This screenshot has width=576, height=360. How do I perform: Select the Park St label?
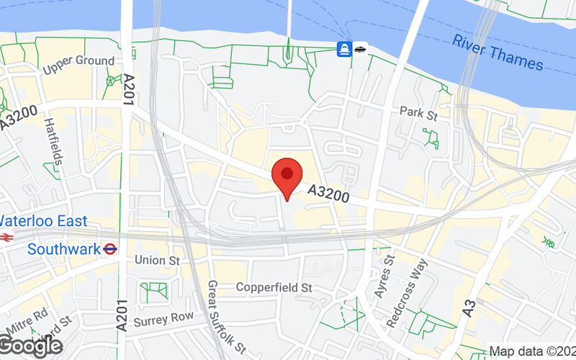point(418,112)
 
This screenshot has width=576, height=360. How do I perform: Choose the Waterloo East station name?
point(43,221)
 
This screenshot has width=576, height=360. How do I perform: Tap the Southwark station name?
point(63,249)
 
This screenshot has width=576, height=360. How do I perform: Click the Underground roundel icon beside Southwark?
point(110,249)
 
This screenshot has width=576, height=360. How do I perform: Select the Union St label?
point(156,260)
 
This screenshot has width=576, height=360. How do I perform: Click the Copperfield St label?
point(274,287)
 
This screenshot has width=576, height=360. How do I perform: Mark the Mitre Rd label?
point(30,315)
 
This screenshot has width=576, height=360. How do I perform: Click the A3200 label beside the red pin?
point(328,194)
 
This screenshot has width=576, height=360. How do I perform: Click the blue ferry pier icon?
point(345,49)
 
